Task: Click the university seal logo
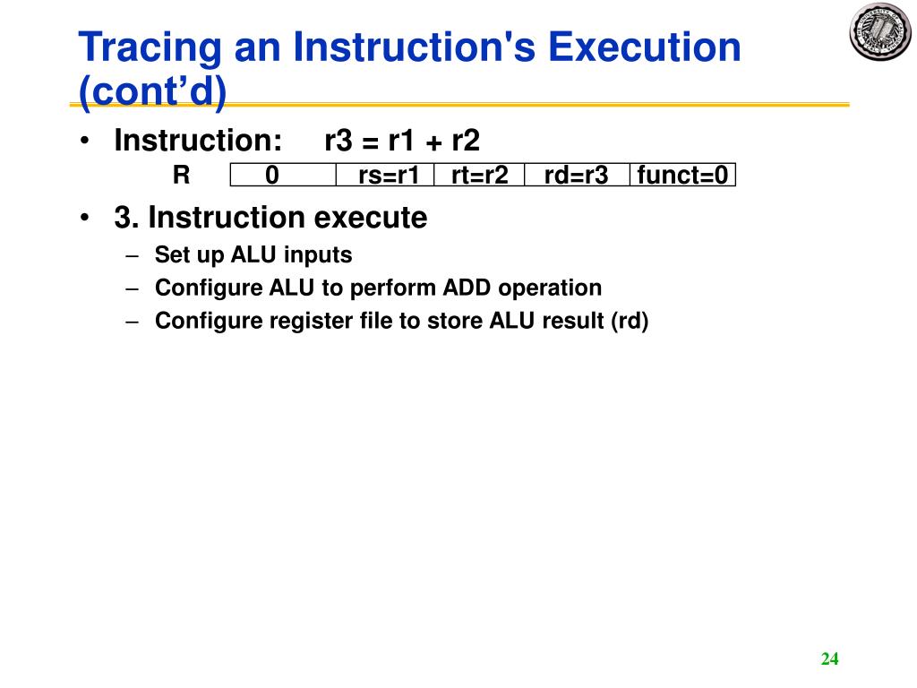click(x=878, y=31)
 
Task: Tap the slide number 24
click(x=829, y=659)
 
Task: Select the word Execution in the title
click(x=645, y=47)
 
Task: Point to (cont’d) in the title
click(x=153, y=92)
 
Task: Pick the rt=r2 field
click(x=479, y=175)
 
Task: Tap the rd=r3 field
click(x=576, y=175)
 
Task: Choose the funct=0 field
click(x=682, y=175)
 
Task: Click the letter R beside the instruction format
click(x=181, y=175)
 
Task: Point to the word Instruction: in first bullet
click(x=198, y=141)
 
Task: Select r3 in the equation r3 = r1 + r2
click(x=339, y=141)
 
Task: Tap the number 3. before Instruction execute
click(x=126, y=218)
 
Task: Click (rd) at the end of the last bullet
click(x=629, y=321)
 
